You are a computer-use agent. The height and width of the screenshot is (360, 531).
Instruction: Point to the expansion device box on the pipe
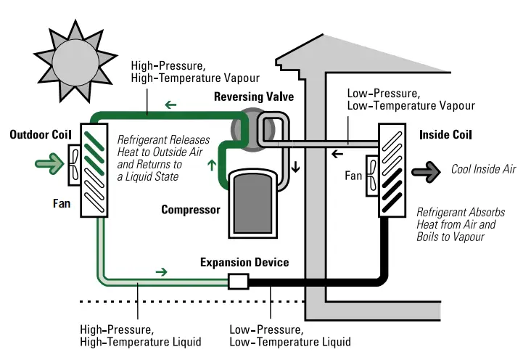coord(239,280)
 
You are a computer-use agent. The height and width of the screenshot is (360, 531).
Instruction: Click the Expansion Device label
coord(244,262)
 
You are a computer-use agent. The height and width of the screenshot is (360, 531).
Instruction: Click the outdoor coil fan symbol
coord(75,163)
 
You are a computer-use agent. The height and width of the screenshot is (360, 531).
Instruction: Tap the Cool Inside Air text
coord(483,170)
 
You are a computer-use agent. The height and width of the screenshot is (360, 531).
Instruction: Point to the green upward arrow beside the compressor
coord(211,164)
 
